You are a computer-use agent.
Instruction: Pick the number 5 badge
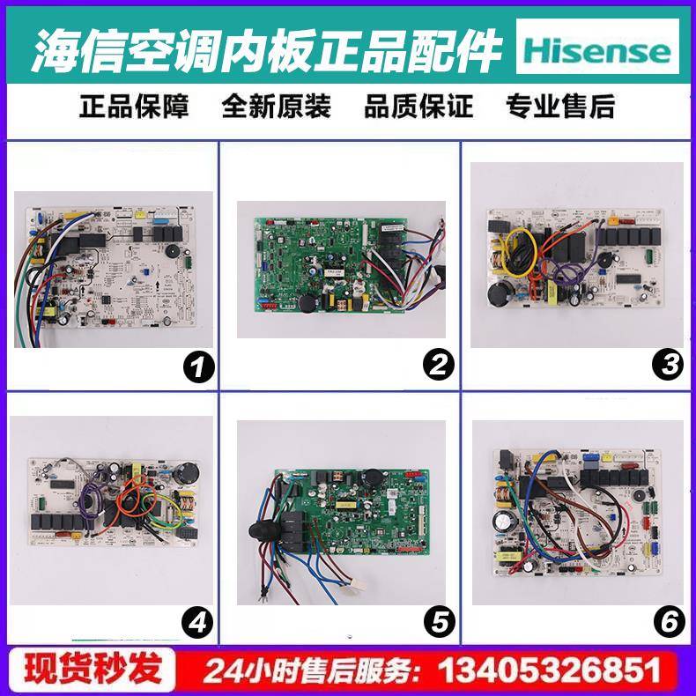437,622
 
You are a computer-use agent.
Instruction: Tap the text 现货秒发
93,670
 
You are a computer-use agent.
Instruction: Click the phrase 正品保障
134,107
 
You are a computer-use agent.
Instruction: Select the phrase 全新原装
276,107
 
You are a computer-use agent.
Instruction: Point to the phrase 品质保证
418,107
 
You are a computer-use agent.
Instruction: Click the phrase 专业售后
560,107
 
